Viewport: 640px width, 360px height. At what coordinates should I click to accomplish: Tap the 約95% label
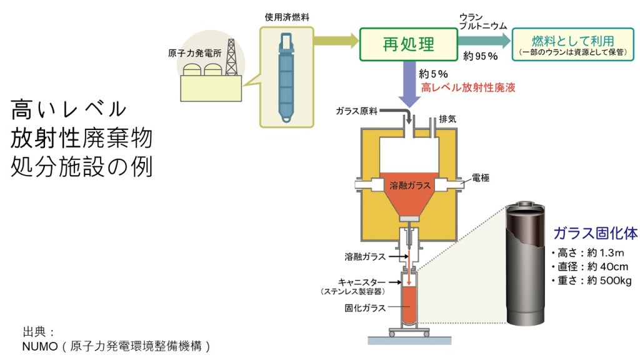click(x=480, y=56)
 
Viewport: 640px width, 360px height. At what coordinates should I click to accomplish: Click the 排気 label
click(x=448, y=119)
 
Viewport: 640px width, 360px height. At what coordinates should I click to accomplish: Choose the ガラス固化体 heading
click(x=595, y=234)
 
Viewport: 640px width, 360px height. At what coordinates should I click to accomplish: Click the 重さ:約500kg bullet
click(x=591, y=281)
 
